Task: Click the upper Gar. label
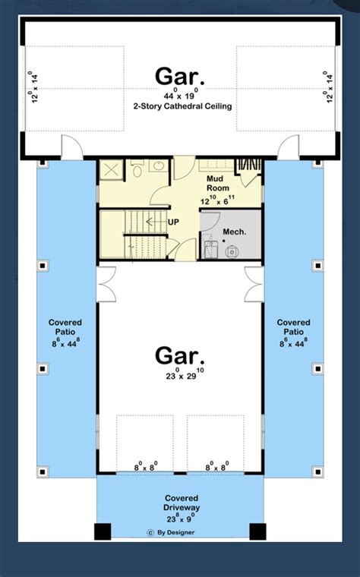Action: point(179,76)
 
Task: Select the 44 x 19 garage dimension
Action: point(179,93)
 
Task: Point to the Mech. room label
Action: point(234,230)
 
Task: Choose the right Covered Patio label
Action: point(294,327)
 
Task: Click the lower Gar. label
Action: point(179,355)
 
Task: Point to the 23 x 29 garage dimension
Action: point(179,374)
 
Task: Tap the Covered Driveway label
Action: point(179,502)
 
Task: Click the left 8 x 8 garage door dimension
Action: point(141,468)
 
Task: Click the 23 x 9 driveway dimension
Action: point(179,519)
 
